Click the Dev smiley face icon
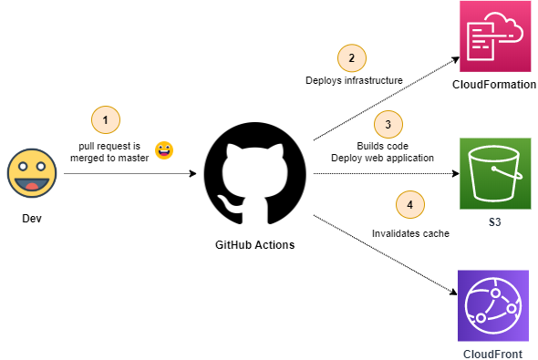30,173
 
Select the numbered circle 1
106,120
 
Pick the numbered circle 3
388,124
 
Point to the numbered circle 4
409,204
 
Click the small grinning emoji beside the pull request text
164,149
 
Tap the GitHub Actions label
255,245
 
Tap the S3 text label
493,221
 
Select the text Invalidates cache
409,232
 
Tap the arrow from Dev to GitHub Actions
128,173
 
